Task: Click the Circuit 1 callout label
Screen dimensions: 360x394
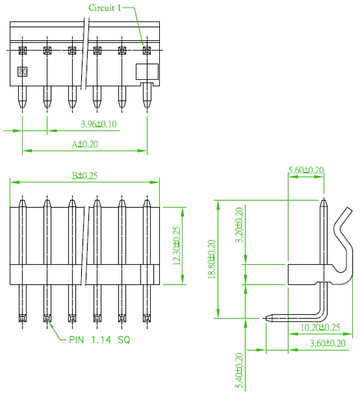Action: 104,8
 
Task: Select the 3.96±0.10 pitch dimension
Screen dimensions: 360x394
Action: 99,124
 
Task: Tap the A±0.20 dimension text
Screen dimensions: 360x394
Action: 85,144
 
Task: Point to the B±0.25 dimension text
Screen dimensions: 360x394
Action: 85,176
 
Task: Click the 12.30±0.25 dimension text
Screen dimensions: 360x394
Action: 177,246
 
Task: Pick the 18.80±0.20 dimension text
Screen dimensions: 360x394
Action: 212,259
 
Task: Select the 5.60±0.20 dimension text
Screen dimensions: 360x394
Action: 306,170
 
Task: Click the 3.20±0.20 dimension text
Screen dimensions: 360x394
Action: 239,224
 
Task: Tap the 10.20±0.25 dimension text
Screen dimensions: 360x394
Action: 320,327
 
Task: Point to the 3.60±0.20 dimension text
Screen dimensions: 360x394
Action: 328,343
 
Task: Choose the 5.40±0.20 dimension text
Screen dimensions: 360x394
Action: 239,370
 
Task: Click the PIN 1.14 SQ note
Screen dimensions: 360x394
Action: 99,340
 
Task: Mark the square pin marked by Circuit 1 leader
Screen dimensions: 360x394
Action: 147,50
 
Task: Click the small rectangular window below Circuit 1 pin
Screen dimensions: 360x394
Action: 147,71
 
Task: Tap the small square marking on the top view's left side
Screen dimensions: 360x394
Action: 23,71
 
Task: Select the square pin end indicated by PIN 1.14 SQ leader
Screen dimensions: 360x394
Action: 47,318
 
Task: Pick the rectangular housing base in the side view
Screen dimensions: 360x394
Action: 309,274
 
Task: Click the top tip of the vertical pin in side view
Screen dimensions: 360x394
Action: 324,199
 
